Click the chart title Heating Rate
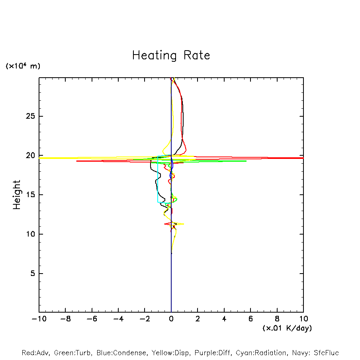171,55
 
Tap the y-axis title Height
17,195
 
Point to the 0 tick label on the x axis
171,319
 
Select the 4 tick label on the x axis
224,319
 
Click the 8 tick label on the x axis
277,319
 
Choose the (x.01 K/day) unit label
287,328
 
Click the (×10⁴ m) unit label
23,66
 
